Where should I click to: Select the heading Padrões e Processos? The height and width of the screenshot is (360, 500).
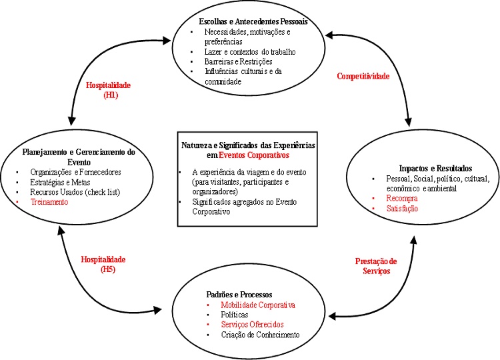click(x=231, y=293)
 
